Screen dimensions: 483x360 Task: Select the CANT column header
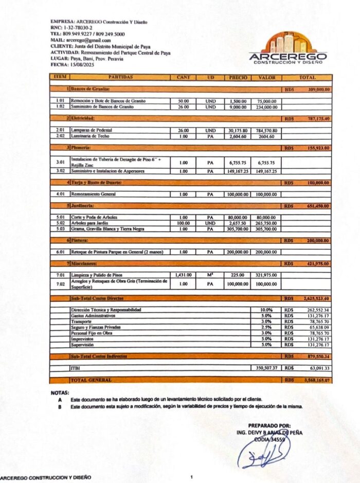[x=183, y=78]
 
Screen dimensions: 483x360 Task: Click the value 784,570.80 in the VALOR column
[x=267, y=131]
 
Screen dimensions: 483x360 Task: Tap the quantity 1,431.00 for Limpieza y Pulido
[x=183, y=275]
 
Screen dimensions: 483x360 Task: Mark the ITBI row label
[x=75, y=368]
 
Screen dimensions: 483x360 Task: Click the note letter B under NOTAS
[x=61, y=407]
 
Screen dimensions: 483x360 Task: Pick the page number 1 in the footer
[x=191, y=477]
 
